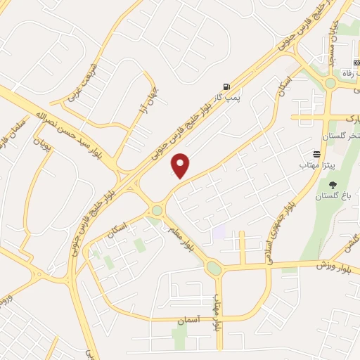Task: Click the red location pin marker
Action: click(x=181, y=165)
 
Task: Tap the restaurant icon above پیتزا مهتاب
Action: click(x=317, y=153)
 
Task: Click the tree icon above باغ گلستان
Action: click(x=332, y=185)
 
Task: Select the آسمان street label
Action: click(x=189, y=320)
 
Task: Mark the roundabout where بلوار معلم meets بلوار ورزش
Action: click(x=213, y=268)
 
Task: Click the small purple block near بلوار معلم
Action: click(x=219, y=231)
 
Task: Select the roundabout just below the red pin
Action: click(x=157, y=210)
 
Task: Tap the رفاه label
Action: click(x=345, y=72)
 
